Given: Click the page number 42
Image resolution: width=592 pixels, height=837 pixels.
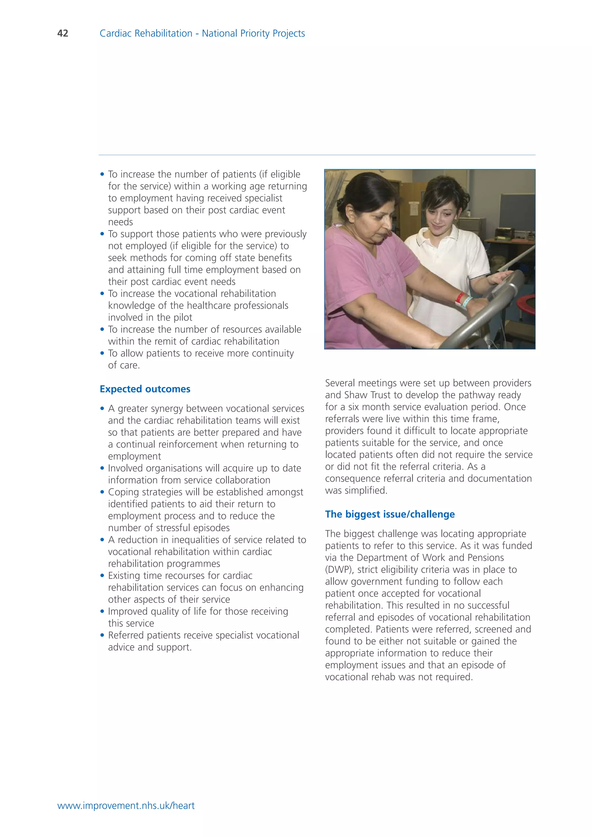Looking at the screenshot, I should tap(63, 33).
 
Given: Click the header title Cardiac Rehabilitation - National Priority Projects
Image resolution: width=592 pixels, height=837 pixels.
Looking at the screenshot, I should tap(202, 33).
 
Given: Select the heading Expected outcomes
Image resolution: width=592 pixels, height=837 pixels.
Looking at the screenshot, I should tap(145, 389).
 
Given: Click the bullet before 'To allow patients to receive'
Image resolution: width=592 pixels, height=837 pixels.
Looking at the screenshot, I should tap(102, 353).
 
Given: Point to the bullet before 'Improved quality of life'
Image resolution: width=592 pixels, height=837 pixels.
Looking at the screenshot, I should tap(102, 611).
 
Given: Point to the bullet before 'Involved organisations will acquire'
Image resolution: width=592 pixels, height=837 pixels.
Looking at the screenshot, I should tap(102, 468).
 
